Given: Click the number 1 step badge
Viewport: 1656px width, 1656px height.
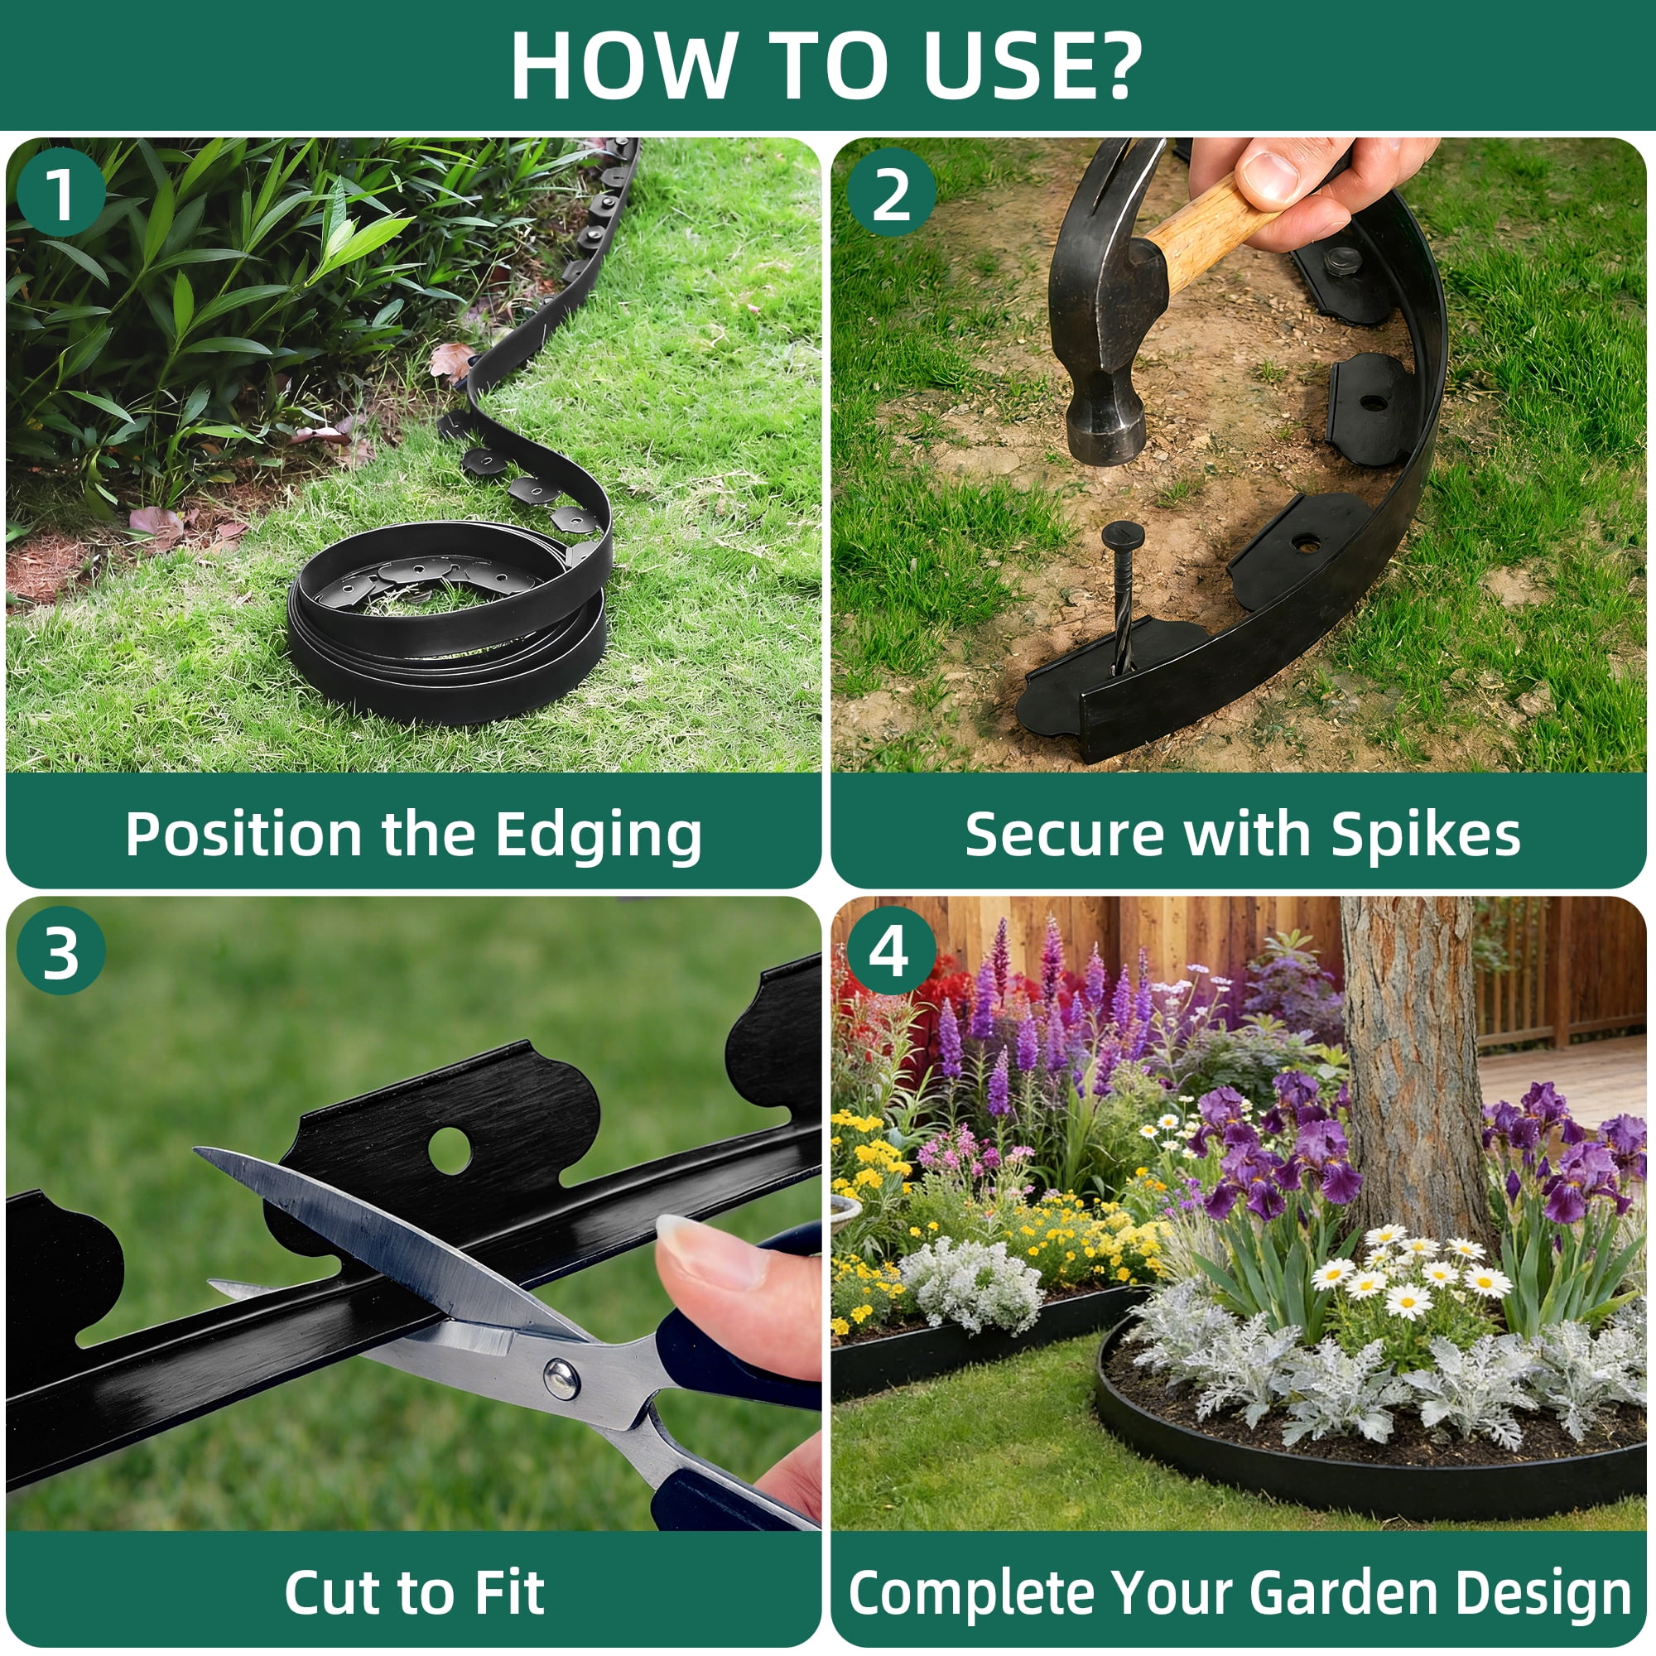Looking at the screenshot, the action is (60, 193).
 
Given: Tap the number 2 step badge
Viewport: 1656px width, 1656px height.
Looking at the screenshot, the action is (892, 193).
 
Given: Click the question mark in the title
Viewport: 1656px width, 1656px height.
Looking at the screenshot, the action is (1112, 65).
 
